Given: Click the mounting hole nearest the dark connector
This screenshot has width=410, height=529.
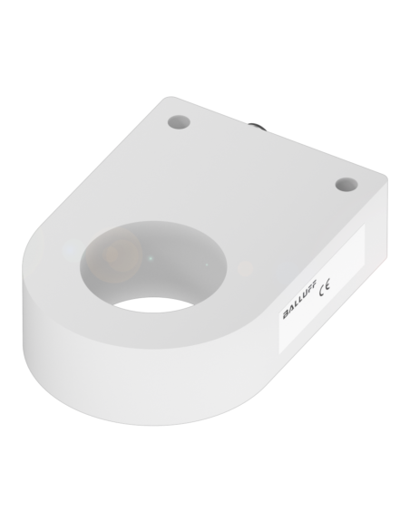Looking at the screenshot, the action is coord(179,121).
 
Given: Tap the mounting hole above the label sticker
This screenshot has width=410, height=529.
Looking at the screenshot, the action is coord(347,184).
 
